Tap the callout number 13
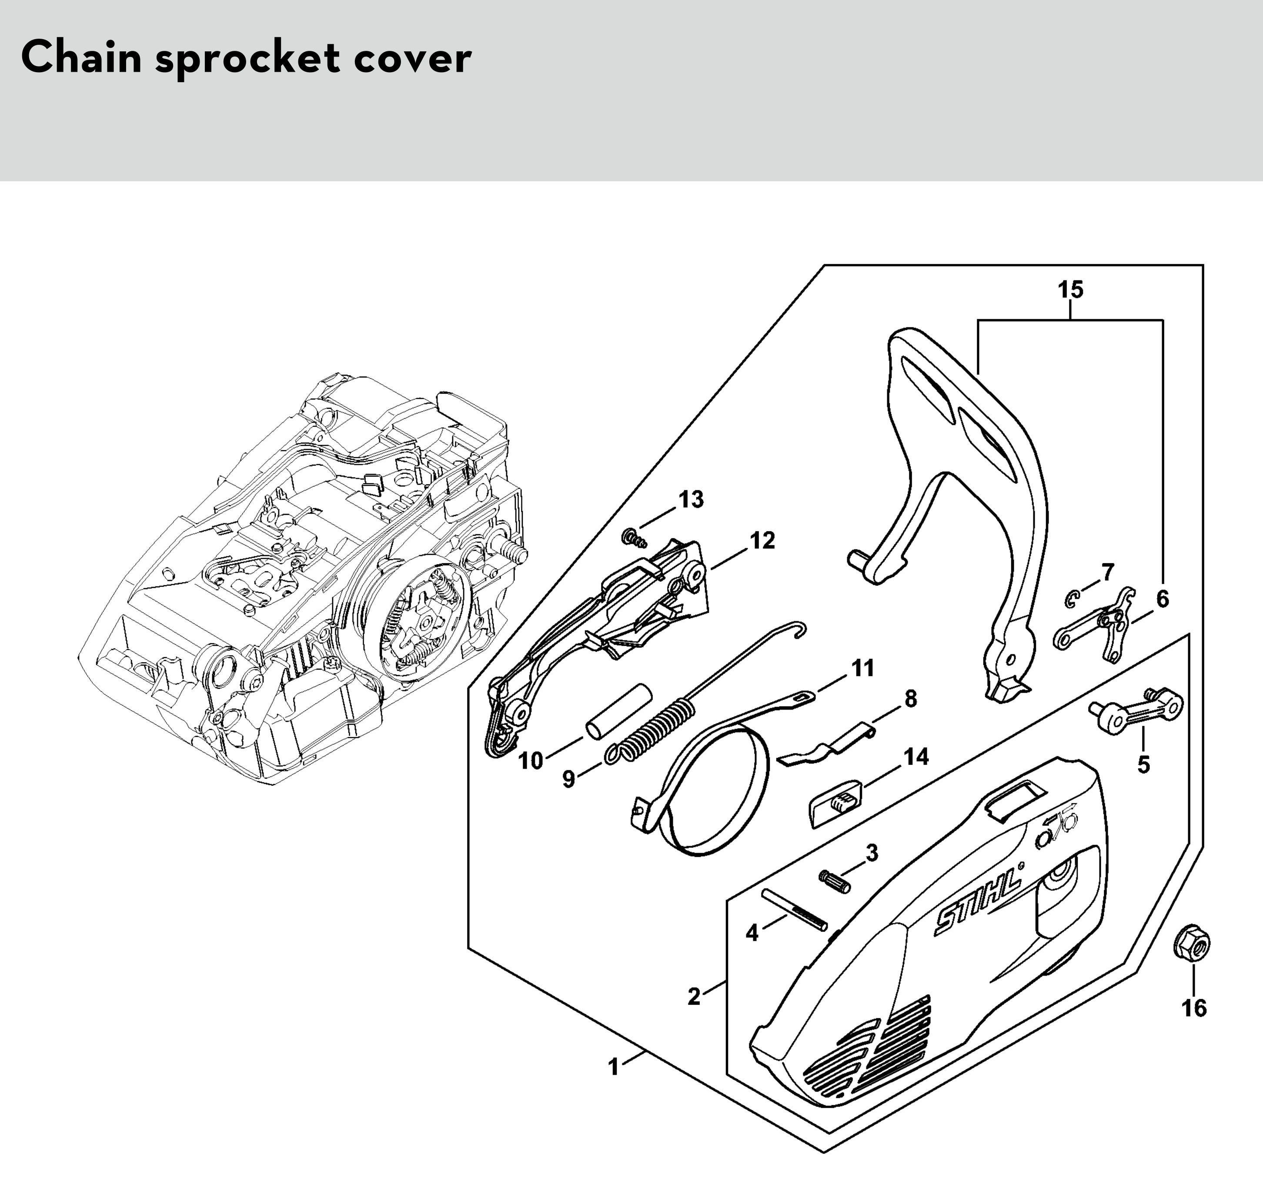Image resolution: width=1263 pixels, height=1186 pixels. (x=691, y=500)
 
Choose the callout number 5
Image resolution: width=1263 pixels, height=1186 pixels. (x=1143, y=764)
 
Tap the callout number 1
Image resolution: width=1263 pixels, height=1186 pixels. (x=613, y=1066)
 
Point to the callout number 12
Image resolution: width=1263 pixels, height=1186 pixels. (x=762, y=540)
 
